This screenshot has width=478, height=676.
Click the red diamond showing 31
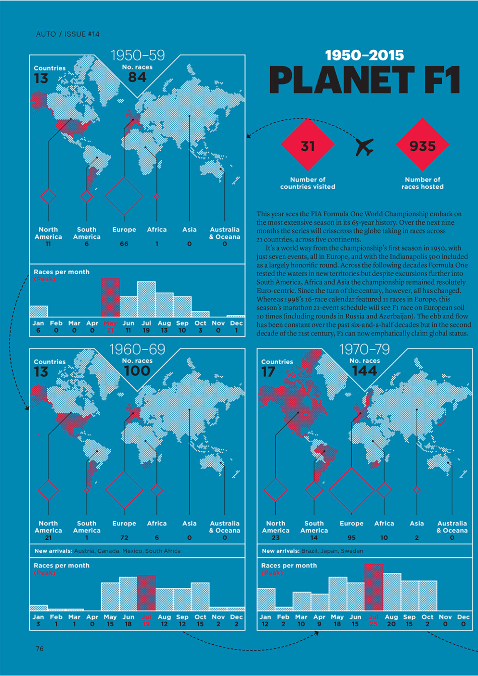click(x=307, y=145)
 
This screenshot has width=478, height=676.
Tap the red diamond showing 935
click(x=422, y=145)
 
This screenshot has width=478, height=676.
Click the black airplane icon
click(x=365, y=147)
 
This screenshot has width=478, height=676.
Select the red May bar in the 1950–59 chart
click(x=110, y=297)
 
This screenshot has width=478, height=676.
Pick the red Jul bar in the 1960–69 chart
click(x=146, y=593)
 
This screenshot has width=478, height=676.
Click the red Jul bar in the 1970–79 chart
click(x=373, y=587)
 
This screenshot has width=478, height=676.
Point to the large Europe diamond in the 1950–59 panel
click(x=124, y=196)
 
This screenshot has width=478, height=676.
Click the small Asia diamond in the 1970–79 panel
click(x=417, y=490)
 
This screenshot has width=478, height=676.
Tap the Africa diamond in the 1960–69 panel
click(x=157, y=489)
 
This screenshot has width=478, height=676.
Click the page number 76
click(x=40, y=648)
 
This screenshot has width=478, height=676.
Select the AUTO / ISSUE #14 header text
click(x=68, y=34)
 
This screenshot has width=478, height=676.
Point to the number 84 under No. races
click(x=137, y=77)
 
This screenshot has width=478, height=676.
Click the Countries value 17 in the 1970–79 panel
click(x=268, y=372)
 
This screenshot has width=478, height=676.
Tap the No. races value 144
click(x=364, y=371)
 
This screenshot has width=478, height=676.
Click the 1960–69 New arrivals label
click(x=53, y=551)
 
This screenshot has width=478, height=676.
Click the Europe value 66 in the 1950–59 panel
click(x=124, y=244)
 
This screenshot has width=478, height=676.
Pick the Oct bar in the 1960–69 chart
click(x=200, y=597)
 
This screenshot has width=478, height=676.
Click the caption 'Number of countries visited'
click(x=307, y=183)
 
